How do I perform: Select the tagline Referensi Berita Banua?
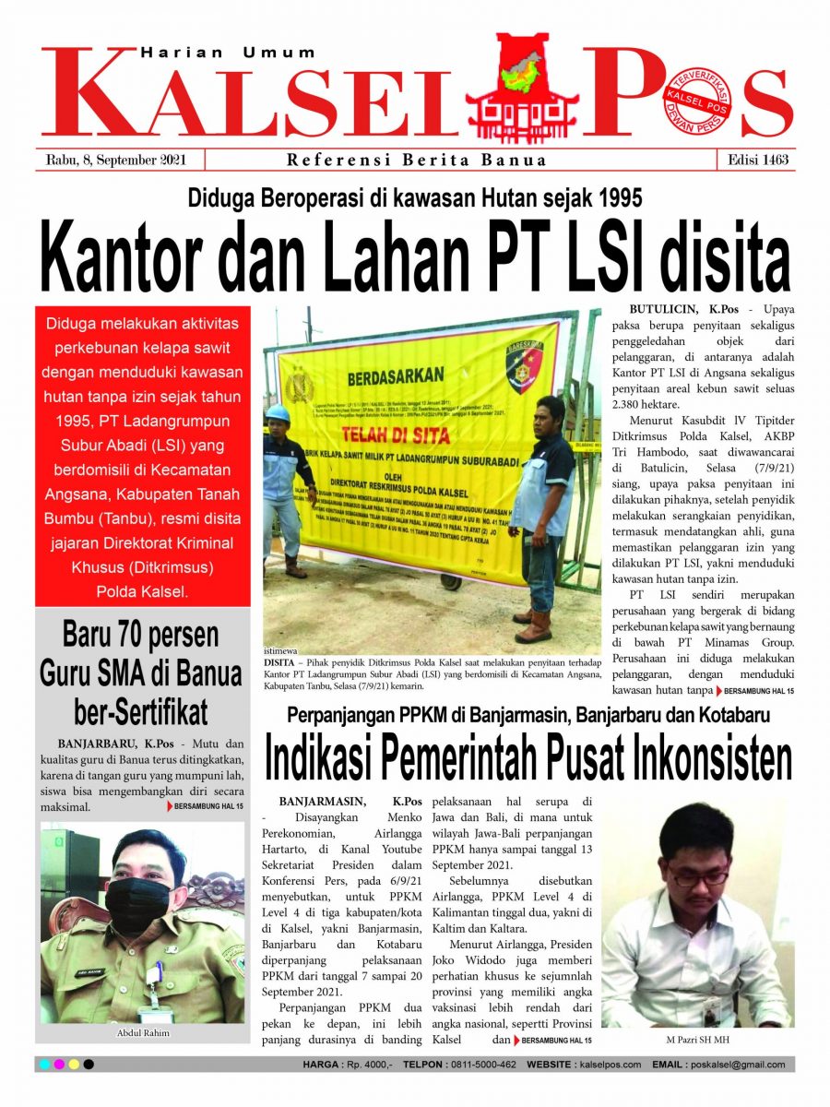pyautogui.click(x=417, y=160)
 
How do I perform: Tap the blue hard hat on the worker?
pyautogui.click(x=278, y=413)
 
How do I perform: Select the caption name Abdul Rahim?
pyautogui.click(x=143, y=1033)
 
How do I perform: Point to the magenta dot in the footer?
pyautogui.click(x=59, y=1065)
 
